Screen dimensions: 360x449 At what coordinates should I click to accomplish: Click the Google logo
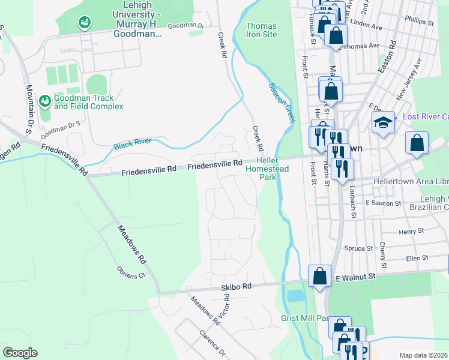(x=20, y=353)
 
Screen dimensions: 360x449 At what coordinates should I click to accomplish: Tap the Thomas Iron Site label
(x=262, y=31)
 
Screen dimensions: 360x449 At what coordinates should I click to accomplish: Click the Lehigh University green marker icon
(x=84, y=23)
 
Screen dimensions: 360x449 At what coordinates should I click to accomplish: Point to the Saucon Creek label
(x=282, y=103)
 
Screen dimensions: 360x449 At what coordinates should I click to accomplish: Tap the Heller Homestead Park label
(x=268, y=169)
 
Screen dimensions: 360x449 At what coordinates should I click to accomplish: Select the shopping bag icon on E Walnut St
(x=320, y=276)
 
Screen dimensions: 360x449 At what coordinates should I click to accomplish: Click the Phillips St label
(x=419, y=20)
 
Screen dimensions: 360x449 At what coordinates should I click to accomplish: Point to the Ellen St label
(x=417, y=257)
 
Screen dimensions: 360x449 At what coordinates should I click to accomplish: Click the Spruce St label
(x=359, y=248)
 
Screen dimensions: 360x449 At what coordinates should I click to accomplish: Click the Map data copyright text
(x=424, y=355)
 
